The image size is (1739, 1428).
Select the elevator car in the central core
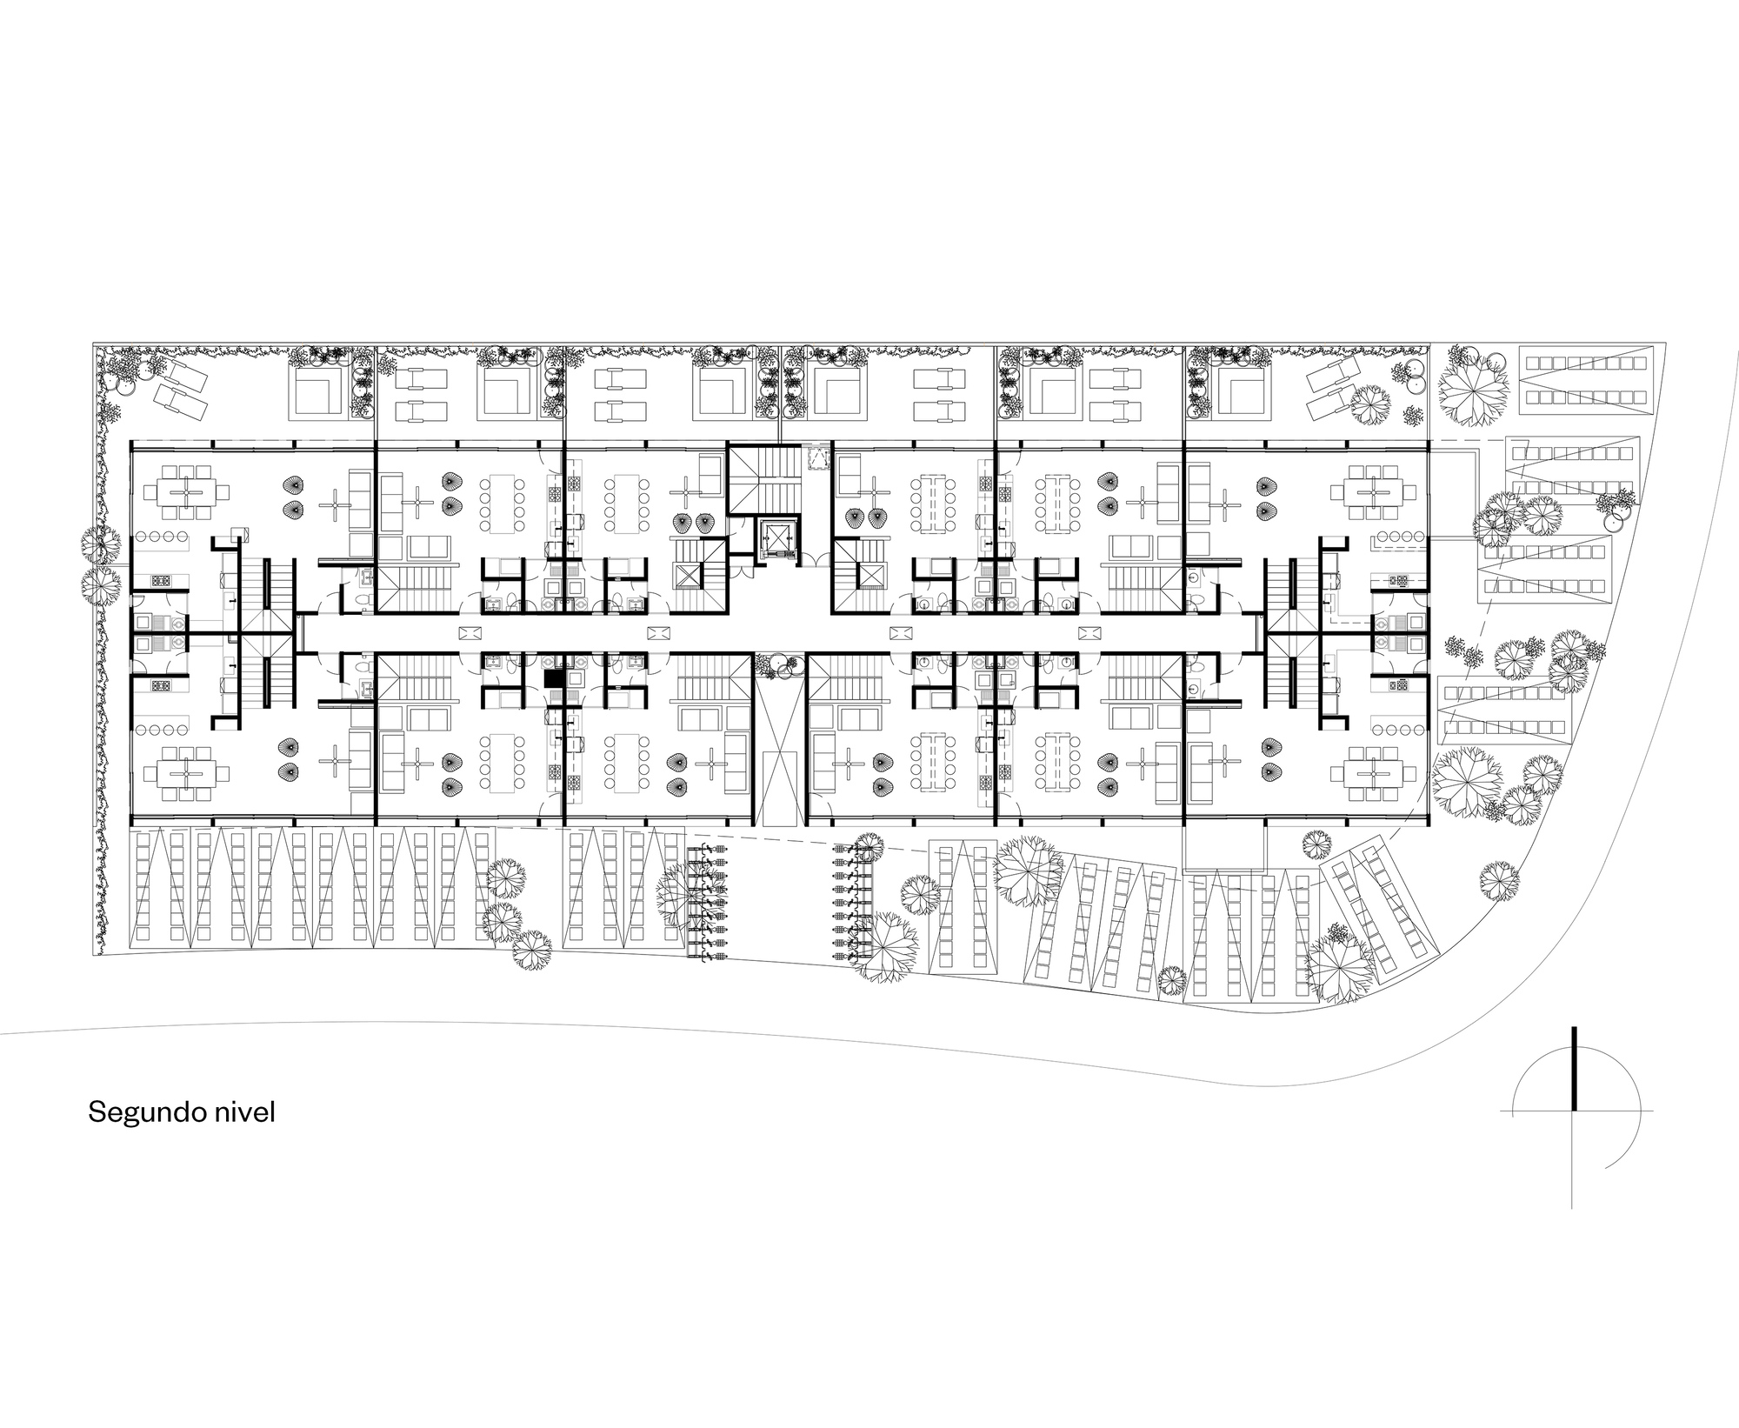[776, 540]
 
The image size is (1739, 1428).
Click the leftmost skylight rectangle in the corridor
[468, 632]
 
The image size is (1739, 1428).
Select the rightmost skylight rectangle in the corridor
[1089, 632]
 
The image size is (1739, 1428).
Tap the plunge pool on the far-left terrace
[321, 392]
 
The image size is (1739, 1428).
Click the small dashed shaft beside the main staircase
[818, 457]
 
